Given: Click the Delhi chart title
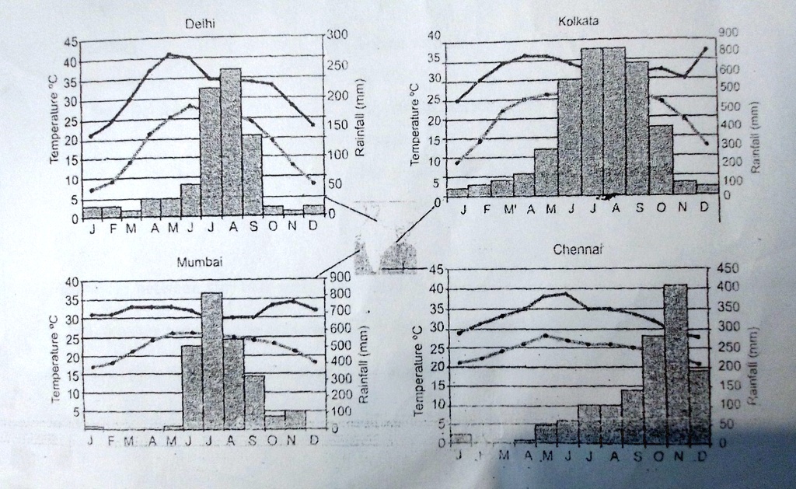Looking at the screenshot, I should (x=200, y=25).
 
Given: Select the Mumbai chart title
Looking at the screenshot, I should (x=200, y=262).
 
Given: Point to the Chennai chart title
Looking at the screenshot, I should (x=578, y=250).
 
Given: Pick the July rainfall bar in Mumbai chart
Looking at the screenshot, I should (x=212, y=361).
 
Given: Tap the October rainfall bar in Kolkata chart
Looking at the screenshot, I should (x=661, y=159).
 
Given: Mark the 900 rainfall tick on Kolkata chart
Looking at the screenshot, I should (x=728, y=33).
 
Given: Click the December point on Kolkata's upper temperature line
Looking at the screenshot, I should (x=705, y=49).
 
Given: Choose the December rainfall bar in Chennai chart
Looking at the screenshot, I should (x=699, y=406).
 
